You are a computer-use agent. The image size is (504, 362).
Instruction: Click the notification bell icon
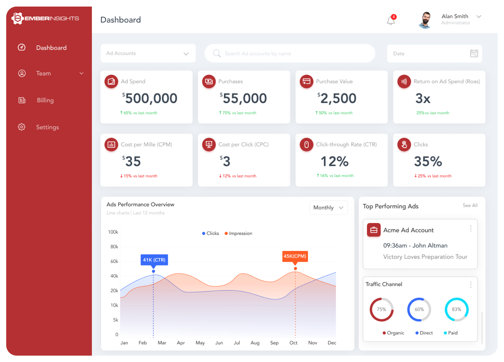[391, 21]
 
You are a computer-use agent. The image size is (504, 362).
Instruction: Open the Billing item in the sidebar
[45, 101]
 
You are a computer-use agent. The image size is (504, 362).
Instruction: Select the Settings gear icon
[22, 127]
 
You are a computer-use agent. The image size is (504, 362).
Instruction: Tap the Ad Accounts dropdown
[148, 53]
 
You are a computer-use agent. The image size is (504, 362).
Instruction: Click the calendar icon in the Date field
[474, 53]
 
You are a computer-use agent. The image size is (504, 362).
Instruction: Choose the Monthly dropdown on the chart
[329, 208]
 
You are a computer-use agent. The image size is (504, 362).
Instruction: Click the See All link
[470, 206]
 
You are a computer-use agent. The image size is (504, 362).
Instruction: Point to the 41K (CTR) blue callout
[154, 260]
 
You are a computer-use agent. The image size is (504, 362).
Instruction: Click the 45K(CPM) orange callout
[295, 256]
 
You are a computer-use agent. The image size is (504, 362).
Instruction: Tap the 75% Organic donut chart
[381, 310]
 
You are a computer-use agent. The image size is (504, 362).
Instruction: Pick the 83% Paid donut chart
[456, 310]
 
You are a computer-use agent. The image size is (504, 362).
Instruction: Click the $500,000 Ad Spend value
[151, 98]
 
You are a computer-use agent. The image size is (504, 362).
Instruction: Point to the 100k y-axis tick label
[113, 232]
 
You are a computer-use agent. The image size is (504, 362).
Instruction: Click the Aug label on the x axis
[255, 343]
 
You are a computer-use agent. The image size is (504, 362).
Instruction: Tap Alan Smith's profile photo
[425, 20]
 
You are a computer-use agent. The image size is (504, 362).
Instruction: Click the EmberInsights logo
[45, 19]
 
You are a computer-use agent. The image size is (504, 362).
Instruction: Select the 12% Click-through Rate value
[334, 162]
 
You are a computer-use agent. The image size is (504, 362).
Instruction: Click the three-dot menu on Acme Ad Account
[470, 229]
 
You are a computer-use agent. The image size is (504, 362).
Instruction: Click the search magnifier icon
[217, 53]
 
